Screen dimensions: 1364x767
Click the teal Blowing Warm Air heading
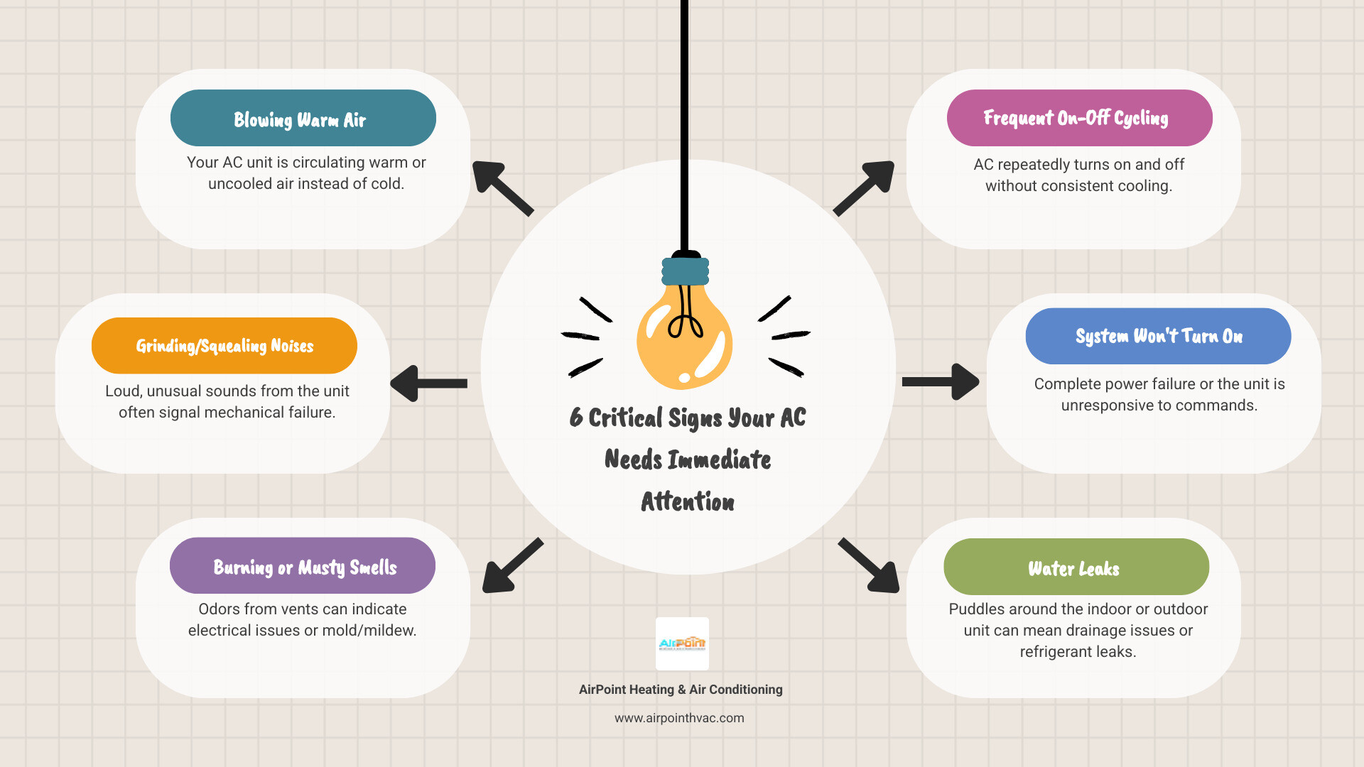pyautogui.click(x=303, y=119)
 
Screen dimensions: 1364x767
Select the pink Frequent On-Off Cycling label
pyautogui.click(x=1078, y=118)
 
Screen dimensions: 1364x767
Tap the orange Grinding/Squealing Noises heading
pyautogui.click(x=224, y=346)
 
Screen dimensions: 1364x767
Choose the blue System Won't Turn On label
pyautogui.click(x=1158, y=336)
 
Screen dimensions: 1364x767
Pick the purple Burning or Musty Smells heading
pyautogui.click(x=303, y=566)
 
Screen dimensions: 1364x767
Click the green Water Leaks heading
pyautogui.click(x=1076, y=567)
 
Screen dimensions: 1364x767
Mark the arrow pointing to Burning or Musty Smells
pyautogui.click(x=511, y=566)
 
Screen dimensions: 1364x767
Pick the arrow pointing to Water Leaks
pyautogui.click(x=870, y=566)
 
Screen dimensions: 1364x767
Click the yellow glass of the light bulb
pyautogui.click(x=683, y=344)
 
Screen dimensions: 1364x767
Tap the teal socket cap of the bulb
pyautogui.click(x=686, y=271)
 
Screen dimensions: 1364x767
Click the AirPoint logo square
pyautogui.click(x=682, y=643)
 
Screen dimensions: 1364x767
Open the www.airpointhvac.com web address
pyautogui.click(x=679, y=718)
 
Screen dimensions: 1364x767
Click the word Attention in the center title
pyautogui.click(x=688, y=501)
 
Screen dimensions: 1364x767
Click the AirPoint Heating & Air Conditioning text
pyautogui.click(x=681, y=690)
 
